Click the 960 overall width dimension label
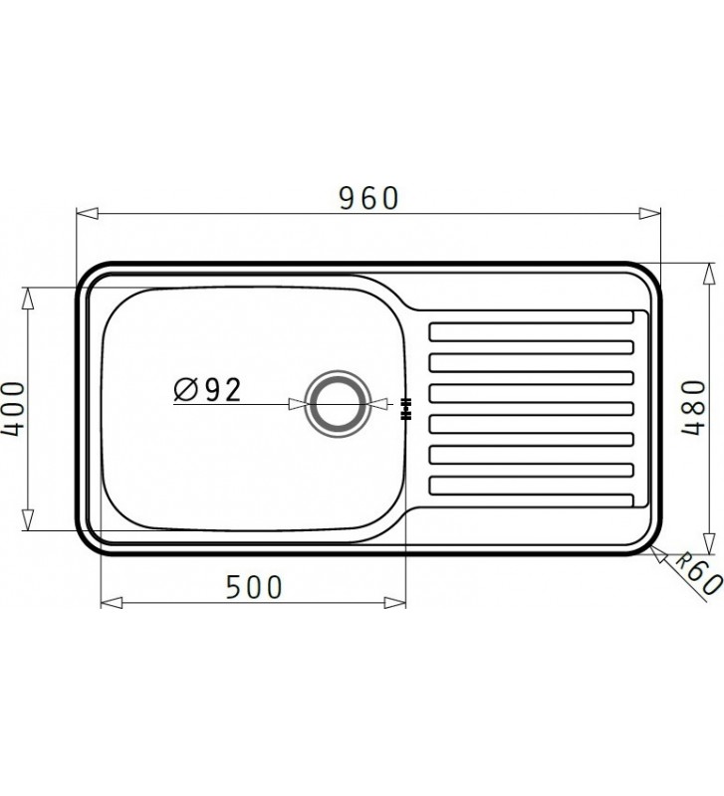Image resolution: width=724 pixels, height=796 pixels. click(368, 198)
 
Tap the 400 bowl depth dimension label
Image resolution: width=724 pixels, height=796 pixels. click(13, 408)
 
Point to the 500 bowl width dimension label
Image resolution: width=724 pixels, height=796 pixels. click(253, 586)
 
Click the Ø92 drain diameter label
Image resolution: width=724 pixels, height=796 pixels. click(208, 389)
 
